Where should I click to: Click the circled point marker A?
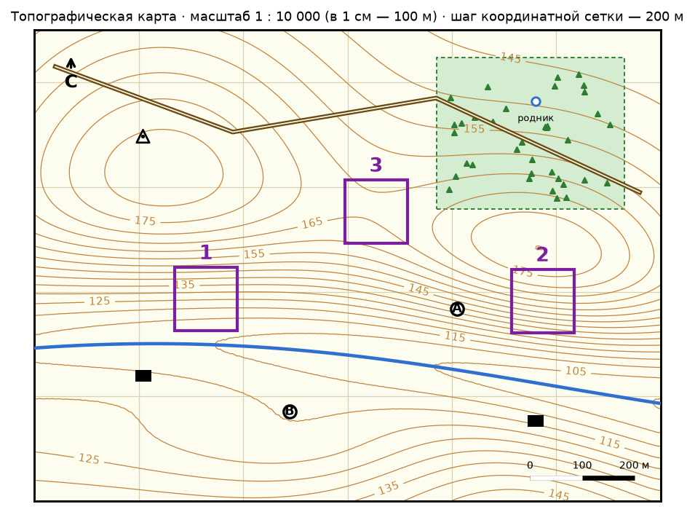(457, 310)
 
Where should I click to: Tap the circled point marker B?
(290, 411)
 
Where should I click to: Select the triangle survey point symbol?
(143, 137)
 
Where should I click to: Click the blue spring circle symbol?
(536, 102)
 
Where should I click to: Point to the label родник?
(536, 118)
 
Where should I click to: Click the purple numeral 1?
(206, 253)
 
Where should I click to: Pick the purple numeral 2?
(542, 255)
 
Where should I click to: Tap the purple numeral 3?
(376, 165)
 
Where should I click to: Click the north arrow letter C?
(71, 82)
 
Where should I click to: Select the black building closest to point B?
(143, 376)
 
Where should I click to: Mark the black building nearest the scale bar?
(536, 421)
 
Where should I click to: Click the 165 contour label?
(312, 223)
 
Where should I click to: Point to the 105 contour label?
(576, 371)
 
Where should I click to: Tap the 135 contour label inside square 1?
(184, 285)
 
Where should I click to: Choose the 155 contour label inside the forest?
(474, 129)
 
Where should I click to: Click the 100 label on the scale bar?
(582, 465)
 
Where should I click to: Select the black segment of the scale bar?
(608, 478)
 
